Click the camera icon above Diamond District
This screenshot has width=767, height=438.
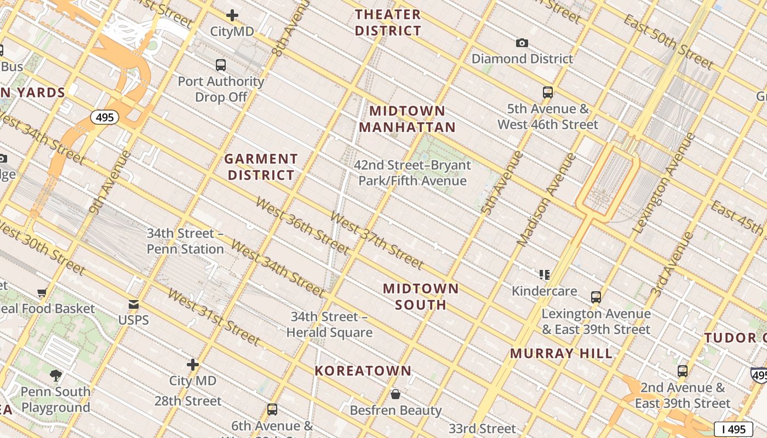pos(522,43)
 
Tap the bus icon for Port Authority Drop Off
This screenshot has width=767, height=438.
pos(221,65)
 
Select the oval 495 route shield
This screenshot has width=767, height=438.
pos(104,117)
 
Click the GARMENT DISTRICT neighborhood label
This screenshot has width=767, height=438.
pos(261,167)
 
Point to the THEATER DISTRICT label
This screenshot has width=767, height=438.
pos(388,22)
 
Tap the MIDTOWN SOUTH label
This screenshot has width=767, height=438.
pos(421,296)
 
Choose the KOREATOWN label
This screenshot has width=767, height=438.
pos(363,371)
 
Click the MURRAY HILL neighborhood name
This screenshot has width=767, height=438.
pos(562,353)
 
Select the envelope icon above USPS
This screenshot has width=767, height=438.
pos(134,304)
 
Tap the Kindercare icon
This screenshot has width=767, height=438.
pos(544,274)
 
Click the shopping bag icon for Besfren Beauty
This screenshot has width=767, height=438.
pos(395,394)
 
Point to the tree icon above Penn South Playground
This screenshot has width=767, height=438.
pos(55,375)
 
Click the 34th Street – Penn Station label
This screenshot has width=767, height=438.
pos(185,241)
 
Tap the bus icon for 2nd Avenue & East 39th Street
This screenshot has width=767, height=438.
pos(682,371)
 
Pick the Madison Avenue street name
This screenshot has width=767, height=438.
pos(546,200)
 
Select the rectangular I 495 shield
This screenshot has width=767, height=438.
pos(733,429)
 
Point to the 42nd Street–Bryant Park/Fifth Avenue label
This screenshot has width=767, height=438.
pos(413,172)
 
